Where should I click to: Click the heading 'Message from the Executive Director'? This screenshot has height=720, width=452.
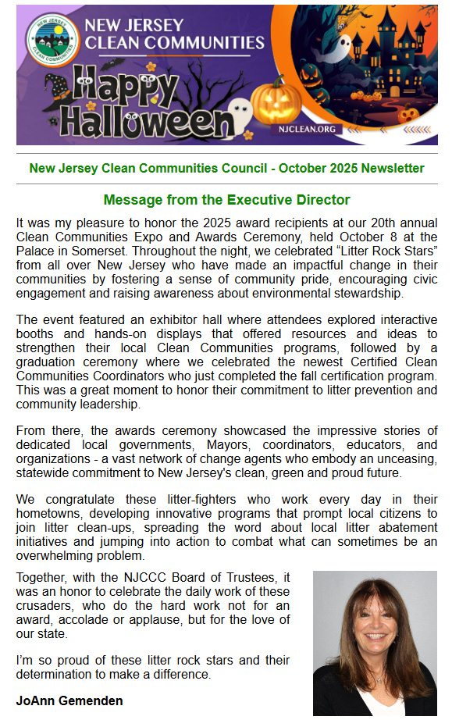(226, 200)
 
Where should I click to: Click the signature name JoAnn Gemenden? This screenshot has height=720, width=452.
(69, 700)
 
